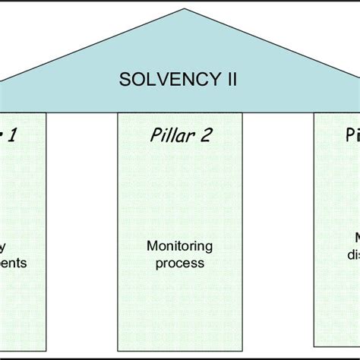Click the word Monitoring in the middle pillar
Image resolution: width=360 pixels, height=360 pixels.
click(180, 246)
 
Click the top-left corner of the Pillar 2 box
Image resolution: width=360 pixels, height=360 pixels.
click(118, 112)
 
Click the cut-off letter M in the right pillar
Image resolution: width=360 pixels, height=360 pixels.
click(354, 237)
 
